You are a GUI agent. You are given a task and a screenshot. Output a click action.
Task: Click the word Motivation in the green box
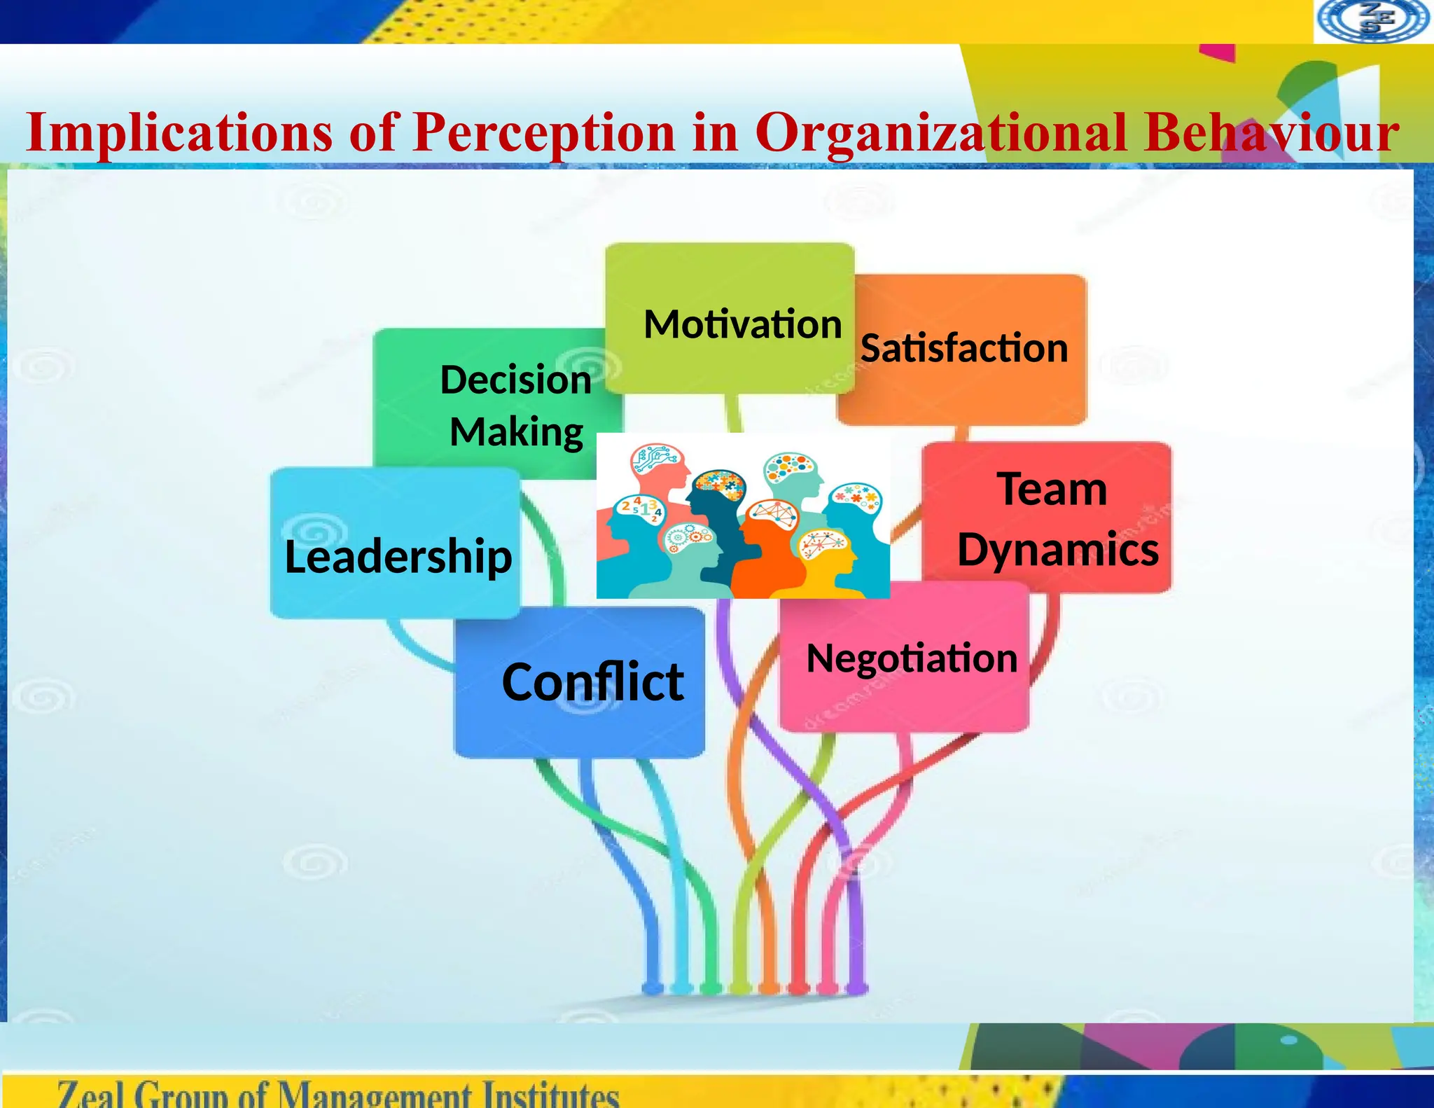coord(742,324)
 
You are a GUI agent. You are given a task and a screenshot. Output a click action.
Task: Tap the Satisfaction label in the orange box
coord(964,348)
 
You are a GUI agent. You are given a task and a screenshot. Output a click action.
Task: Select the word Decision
coord(516,380)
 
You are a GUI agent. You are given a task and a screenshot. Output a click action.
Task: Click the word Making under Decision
coord(517,431)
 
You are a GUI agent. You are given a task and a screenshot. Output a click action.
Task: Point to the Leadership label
coord(398,556)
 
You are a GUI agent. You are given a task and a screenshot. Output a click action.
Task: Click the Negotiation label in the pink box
coord(912,658)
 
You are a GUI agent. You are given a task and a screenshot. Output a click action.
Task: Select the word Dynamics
coord(1058,549)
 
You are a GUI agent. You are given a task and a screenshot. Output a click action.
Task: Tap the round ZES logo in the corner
coord(1372,21)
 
